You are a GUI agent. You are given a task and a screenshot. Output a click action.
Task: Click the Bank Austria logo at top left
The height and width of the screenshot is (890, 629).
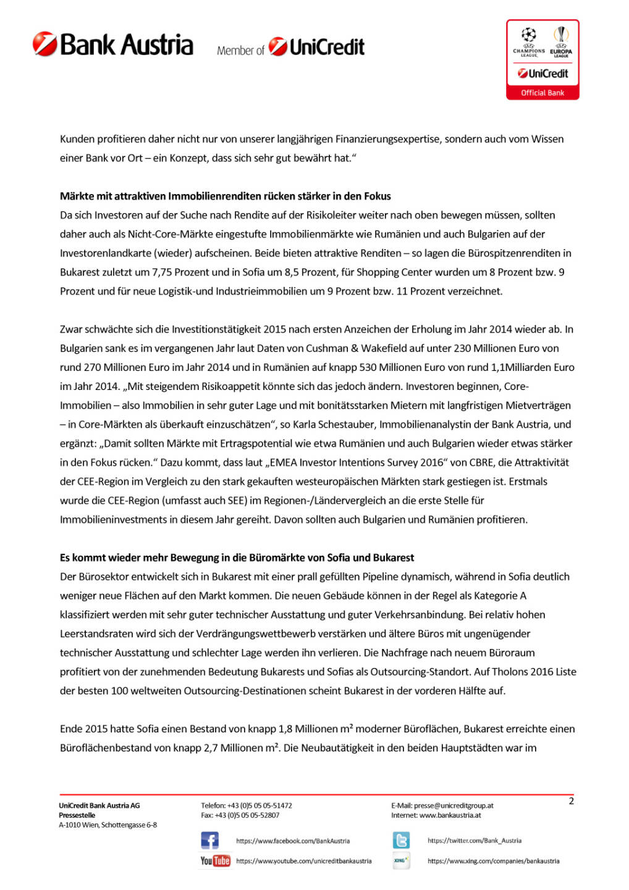113,44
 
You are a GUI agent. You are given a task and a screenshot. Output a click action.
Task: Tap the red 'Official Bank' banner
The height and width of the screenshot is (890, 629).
542,93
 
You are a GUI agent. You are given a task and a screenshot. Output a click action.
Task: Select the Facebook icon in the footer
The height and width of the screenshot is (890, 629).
210,841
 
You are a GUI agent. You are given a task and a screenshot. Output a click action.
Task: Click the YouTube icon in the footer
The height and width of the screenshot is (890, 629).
215,860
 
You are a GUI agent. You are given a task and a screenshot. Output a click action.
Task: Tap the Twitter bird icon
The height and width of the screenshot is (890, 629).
401,841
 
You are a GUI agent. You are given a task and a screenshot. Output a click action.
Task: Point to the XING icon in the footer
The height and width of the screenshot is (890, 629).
401,860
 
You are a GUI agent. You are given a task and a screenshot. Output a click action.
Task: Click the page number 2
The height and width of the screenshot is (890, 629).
571,801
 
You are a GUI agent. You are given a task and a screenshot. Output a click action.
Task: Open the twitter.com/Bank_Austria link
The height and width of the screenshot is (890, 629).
475,841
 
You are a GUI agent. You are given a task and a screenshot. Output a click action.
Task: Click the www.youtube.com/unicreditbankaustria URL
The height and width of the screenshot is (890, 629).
303,861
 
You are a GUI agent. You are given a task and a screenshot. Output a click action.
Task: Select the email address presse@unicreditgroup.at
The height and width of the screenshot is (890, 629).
454,805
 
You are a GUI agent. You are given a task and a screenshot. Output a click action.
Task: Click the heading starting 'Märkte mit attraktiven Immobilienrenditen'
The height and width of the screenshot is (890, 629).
226,197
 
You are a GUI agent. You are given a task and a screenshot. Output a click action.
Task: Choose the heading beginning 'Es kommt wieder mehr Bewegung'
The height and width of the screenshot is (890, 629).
237,557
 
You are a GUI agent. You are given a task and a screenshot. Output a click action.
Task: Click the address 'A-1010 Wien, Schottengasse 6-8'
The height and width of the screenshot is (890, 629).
108,825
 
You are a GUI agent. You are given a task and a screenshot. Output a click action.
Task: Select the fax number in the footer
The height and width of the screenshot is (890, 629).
240,815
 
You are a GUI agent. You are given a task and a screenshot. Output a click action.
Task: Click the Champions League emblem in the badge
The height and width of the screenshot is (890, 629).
529,38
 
